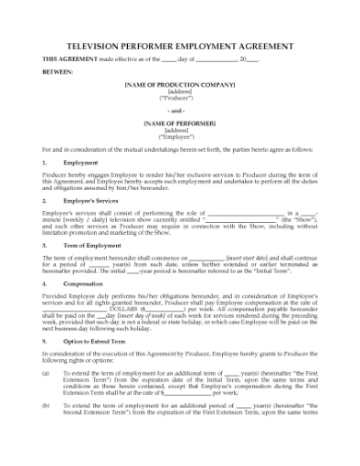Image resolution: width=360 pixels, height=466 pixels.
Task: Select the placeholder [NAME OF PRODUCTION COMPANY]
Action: pyautogui.click(x=179, y=84)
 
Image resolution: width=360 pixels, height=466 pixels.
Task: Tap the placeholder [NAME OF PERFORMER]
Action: pyautogui.click(x=179, y=122)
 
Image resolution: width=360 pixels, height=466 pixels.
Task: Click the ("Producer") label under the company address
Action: pyautogui.click(x=179, y=98)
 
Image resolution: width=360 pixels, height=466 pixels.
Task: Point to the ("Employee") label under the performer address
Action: pyautogui.click(x=179, y=135)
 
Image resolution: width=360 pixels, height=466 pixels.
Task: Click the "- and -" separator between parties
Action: pyautogui.click(x=179, y=110)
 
